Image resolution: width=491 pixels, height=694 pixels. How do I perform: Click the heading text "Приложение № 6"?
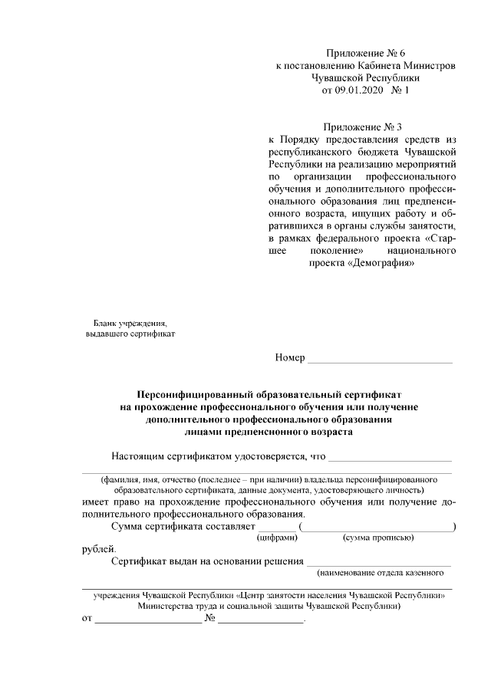click(365, 53)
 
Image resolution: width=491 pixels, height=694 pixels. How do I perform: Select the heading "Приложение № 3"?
click(363, 127)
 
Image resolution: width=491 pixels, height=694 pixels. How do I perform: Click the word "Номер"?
click(289, 358)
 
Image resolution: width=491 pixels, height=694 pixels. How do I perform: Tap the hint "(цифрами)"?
click(277, 538)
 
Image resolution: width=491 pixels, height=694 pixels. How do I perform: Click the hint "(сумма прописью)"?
click(378, 538)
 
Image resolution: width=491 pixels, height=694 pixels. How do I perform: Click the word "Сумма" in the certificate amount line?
click(128, 526)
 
